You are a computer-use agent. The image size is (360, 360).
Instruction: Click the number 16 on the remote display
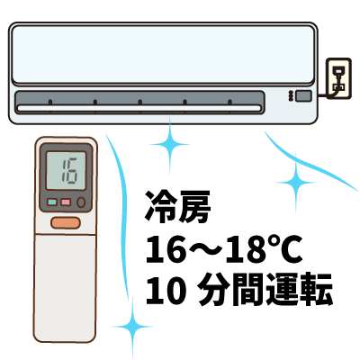coord(69,171)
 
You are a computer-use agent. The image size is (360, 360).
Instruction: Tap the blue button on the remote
coord(52,202)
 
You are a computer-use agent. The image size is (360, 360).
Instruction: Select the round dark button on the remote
coord(81,202)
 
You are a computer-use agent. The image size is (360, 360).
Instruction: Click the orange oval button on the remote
coord(66,223)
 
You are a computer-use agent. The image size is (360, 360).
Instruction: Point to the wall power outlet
coord(338,78)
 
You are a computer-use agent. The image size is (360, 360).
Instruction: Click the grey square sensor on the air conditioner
coord(303,96)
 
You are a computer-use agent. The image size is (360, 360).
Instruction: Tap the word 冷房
coord(177,207)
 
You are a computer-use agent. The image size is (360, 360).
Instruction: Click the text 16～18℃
coord(223,249)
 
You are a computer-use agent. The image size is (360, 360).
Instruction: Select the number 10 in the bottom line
coord(165,290)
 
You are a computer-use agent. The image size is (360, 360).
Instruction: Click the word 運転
coord(299,290)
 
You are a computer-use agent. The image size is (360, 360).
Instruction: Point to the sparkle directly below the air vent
coord(170,145)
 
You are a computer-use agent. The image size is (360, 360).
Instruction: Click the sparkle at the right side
coord(296,182)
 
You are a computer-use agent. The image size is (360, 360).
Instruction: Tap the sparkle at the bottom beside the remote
coord(132,327)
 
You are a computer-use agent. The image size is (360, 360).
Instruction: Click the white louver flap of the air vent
coord(139,108)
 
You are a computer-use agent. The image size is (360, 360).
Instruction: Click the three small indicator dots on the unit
coord(291,96)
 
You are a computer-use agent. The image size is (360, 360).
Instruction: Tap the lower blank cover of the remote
coord(65,288)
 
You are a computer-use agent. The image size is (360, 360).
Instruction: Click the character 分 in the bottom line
coord(214,290)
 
